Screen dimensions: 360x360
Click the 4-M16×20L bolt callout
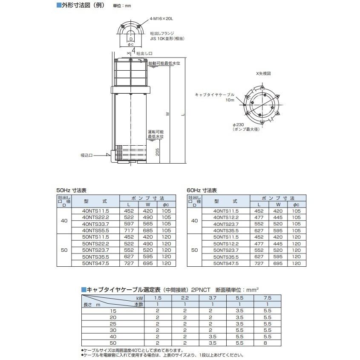click(x=161, y=19)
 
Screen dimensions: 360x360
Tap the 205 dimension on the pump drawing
click(x=158, y=152)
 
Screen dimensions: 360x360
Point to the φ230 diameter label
click(x=238, y=125)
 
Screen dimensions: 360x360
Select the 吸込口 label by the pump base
click(x=86, y=156)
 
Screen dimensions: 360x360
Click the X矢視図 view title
click(x=263, y=73)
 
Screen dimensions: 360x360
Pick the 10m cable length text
click(x=230, y=100)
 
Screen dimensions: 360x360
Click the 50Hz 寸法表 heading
click(x=72, y=190)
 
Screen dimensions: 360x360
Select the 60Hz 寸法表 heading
click(x=202, y=190)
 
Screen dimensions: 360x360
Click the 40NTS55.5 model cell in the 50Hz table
click(x=95, y=230)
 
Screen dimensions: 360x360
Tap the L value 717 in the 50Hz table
click(x=129, y=230)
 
